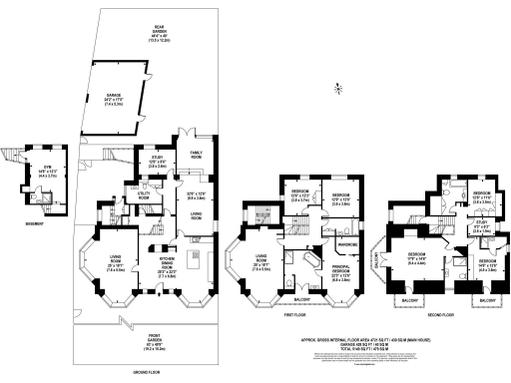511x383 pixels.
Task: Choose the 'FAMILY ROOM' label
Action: (x=196, y=156)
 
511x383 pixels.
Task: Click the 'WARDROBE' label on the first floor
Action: (x=347, y=244)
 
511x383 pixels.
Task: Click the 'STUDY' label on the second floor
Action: (x=480, y=222)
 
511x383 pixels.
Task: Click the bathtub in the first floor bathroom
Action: (x=290, y=266)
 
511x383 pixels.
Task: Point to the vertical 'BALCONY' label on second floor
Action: (x=376, y=261)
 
